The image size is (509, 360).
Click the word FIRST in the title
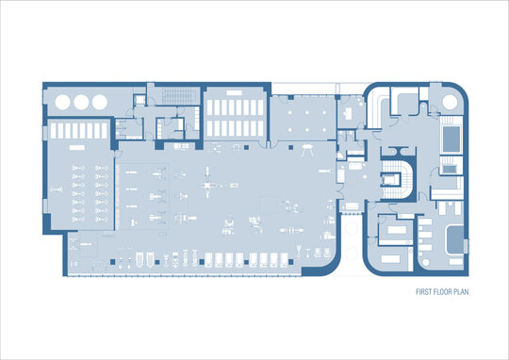[x=423, y=292]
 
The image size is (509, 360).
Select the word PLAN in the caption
[x=462, y=292]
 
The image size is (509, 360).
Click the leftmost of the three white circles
[x=62, y=102]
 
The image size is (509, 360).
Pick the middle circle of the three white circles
[x=81, y=102]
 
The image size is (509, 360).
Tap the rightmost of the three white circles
[x=100, y=102]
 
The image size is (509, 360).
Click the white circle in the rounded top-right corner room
[x=450, y=102]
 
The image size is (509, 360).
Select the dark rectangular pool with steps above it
[x=452, y=139]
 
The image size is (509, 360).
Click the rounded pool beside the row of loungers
[x=455, y=240]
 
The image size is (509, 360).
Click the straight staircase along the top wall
[x=180, y=96]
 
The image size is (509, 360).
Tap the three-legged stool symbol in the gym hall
[x=307, y=150]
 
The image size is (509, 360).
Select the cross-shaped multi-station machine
[x=207, y=183]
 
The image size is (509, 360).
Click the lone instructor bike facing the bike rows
[x=57, y=189]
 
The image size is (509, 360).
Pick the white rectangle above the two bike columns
[x=77, y=147]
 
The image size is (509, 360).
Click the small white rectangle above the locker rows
[x=235, y=93]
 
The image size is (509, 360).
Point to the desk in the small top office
[x=349, y=114]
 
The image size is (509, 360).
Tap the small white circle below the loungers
[x=425, y=262]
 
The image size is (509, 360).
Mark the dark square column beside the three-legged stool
[x=291, y=147]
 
